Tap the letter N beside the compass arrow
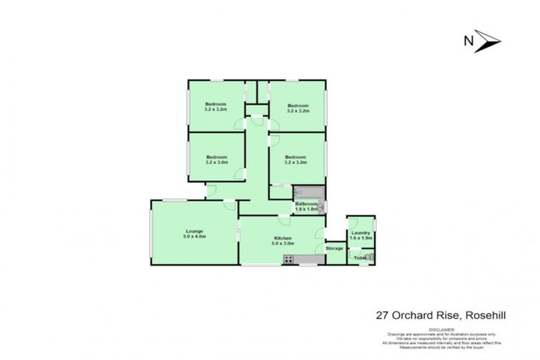467,41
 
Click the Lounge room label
194,231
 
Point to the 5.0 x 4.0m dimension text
194,236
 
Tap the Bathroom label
307,204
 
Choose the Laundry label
359,233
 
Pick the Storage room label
334,248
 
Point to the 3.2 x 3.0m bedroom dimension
217,162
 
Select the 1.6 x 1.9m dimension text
359,238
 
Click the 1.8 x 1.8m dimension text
306,210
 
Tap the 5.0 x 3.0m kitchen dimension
283,244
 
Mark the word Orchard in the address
405,316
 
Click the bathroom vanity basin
321,206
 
